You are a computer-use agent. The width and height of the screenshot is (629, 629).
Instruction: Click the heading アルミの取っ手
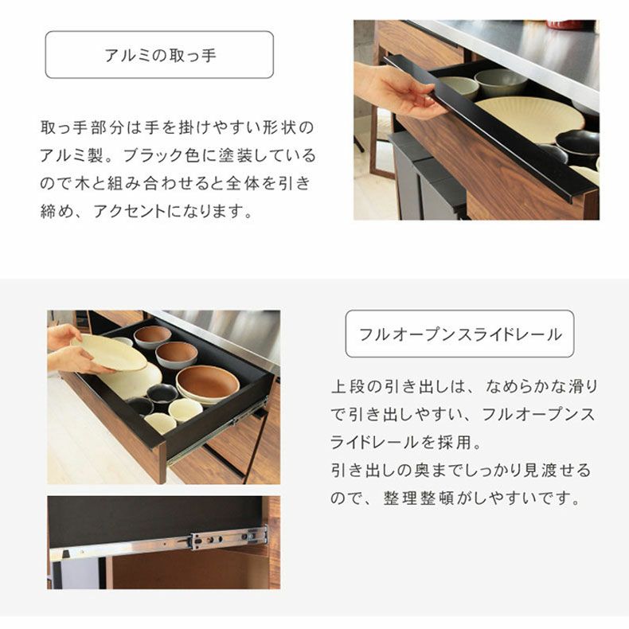pos(159,55)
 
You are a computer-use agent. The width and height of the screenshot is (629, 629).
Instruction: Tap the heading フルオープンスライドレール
pos(459,334)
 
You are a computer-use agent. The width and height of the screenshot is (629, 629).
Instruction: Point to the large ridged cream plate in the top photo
pos(529,117)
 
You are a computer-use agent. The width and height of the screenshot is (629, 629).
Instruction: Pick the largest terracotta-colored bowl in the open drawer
pos(207,384)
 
